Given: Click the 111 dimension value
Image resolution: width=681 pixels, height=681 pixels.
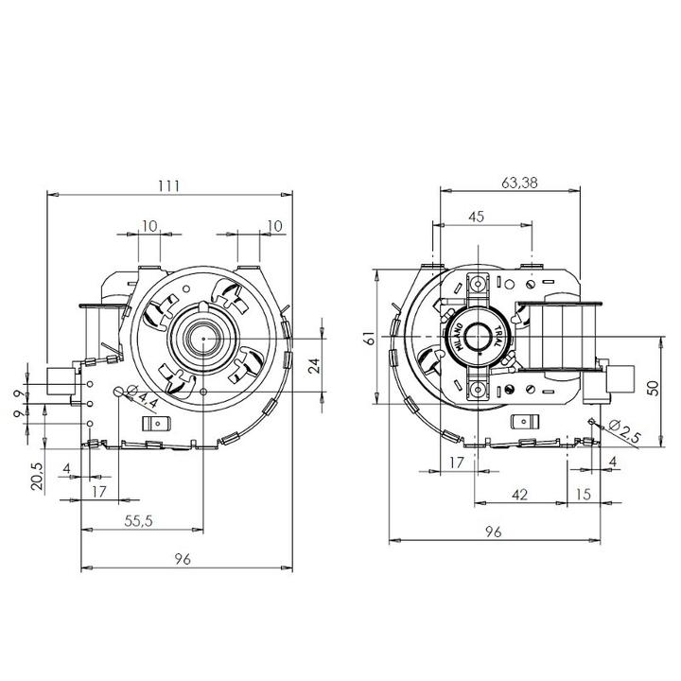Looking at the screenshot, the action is (168, 186).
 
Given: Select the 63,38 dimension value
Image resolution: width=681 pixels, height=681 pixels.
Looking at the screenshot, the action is (519, 183).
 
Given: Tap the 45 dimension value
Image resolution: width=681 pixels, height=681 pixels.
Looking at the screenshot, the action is (477, 217).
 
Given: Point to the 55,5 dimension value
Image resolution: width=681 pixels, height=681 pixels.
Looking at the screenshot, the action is (138, 521).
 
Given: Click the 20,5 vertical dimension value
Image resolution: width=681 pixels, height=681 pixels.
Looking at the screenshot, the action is (37, 477).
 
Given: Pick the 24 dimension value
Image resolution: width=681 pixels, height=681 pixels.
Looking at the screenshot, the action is (314, 365).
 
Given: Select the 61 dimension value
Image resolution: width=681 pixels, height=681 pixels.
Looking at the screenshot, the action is (369, 338).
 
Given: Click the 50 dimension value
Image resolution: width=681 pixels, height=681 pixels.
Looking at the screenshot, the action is (653, 388).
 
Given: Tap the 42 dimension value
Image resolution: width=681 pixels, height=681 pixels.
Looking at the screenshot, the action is (520, 495).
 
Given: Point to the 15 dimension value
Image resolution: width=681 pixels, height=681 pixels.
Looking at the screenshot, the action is (584, 495).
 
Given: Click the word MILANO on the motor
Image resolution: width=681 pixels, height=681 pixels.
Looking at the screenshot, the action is (459, 337).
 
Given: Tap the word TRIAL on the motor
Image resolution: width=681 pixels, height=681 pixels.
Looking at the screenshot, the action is (498, 336).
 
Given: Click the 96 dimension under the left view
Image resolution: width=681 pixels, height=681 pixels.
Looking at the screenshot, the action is (183, 559).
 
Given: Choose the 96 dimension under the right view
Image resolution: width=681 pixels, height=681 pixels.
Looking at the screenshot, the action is (494, 532).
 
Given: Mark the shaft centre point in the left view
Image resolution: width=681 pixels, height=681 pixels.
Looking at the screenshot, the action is (203, 338).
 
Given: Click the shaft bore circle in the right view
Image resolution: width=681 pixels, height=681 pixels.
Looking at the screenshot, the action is (478, 337).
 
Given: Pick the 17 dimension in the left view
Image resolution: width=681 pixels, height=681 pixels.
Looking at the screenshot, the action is (99, 492).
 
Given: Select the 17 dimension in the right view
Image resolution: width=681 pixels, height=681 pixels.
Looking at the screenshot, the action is (457, 463).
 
